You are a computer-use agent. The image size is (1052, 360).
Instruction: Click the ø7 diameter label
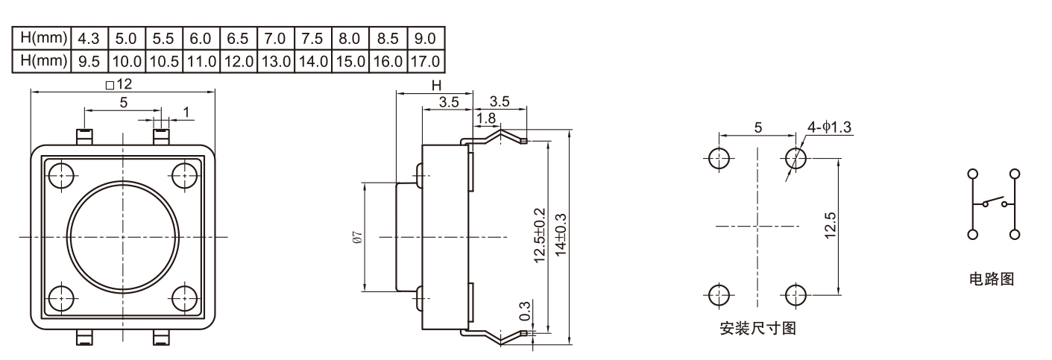357,237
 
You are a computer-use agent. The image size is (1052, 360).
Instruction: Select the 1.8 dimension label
486,117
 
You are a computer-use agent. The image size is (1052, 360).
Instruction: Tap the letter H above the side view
436,86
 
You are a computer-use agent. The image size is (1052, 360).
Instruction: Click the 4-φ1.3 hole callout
829,127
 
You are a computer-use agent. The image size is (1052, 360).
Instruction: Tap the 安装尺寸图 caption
757,329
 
